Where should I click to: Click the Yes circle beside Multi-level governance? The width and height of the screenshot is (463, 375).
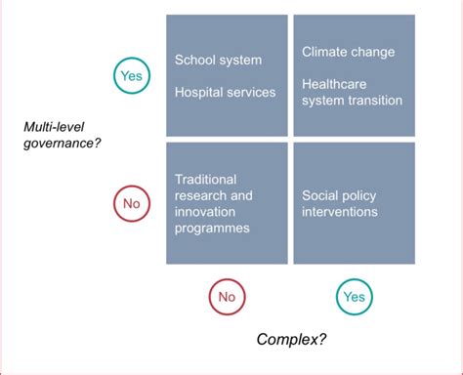[130, 75]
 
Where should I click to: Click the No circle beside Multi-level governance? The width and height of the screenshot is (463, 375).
[130, 203]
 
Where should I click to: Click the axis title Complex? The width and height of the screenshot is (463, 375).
[291, 340]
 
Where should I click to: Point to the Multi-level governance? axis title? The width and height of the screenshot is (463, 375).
[63, 135]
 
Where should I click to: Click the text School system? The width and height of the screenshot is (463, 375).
[218, 61]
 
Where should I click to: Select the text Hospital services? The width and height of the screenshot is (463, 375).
[225, 93]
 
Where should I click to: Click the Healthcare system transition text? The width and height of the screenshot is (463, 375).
[352, 92]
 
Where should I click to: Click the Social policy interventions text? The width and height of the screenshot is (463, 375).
[339, 203]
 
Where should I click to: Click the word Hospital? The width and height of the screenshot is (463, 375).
[199, 93]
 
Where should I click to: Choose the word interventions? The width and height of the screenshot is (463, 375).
[339, 211]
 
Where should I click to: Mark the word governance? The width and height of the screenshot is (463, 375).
[63, 143]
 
